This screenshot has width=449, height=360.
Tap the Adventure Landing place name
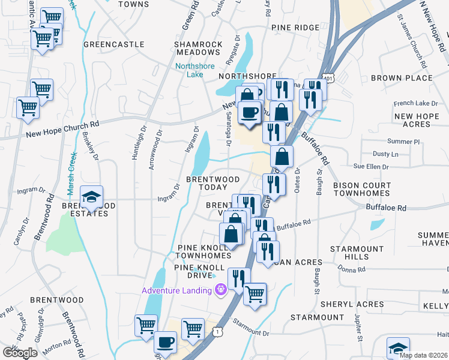[176, 290]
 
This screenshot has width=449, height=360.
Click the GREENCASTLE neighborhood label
[114, 44]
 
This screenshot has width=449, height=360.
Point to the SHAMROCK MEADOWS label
[198, 48]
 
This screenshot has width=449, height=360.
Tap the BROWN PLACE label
[402, 78]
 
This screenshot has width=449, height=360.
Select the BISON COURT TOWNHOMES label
[361, 190]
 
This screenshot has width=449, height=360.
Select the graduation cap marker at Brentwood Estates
[91, 198]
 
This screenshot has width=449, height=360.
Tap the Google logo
[19, 353]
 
